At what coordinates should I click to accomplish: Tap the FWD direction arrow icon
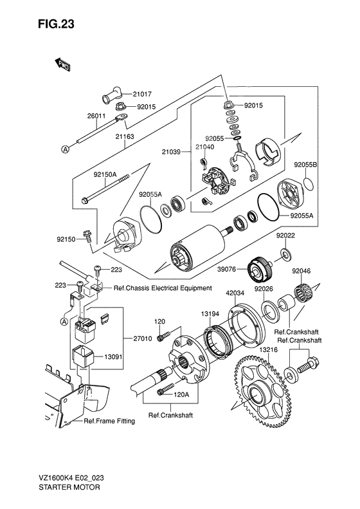(62, 64)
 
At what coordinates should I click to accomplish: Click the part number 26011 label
(96, 116)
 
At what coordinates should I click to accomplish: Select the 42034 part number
(235, 293)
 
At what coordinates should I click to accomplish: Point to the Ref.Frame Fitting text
(109, 421)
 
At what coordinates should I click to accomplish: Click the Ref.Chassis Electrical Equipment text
(163, 288)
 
